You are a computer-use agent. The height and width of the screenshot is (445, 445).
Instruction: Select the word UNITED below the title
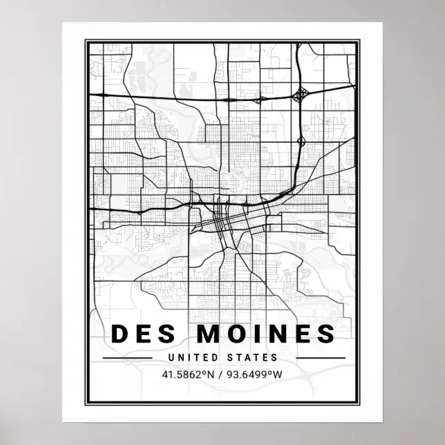189,358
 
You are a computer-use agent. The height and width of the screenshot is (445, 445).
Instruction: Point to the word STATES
252,358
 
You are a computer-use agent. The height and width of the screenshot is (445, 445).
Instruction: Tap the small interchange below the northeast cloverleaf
301,142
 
